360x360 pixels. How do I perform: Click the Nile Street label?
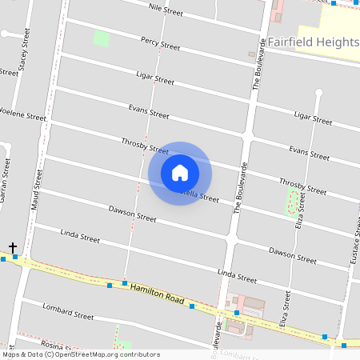166,10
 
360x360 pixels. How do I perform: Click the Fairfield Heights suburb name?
313,42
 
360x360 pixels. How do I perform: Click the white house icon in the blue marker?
180,173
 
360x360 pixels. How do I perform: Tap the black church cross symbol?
12,247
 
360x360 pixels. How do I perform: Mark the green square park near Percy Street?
102,38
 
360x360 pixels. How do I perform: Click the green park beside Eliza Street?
293,202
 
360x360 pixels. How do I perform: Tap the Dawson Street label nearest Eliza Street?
292,255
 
